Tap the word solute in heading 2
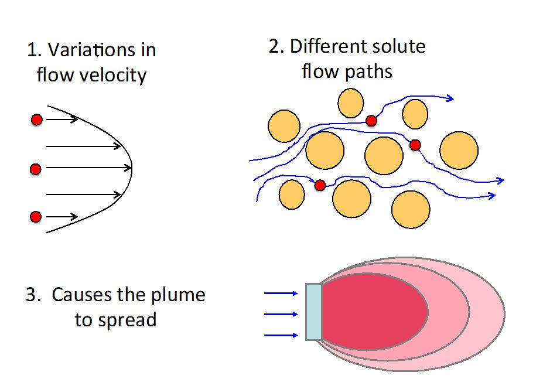point(397,46)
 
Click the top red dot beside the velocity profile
point(36,120)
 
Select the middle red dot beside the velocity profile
point(35,169)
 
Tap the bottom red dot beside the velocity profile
point(36,217)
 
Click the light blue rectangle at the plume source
point(314,312)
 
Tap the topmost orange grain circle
point(350,103)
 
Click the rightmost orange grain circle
point(459,151)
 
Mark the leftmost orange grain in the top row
point(284,126)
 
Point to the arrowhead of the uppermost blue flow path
point(450,98)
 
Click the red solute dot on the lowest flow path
point(320,185)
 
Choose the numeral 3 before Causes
point(31,295)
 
